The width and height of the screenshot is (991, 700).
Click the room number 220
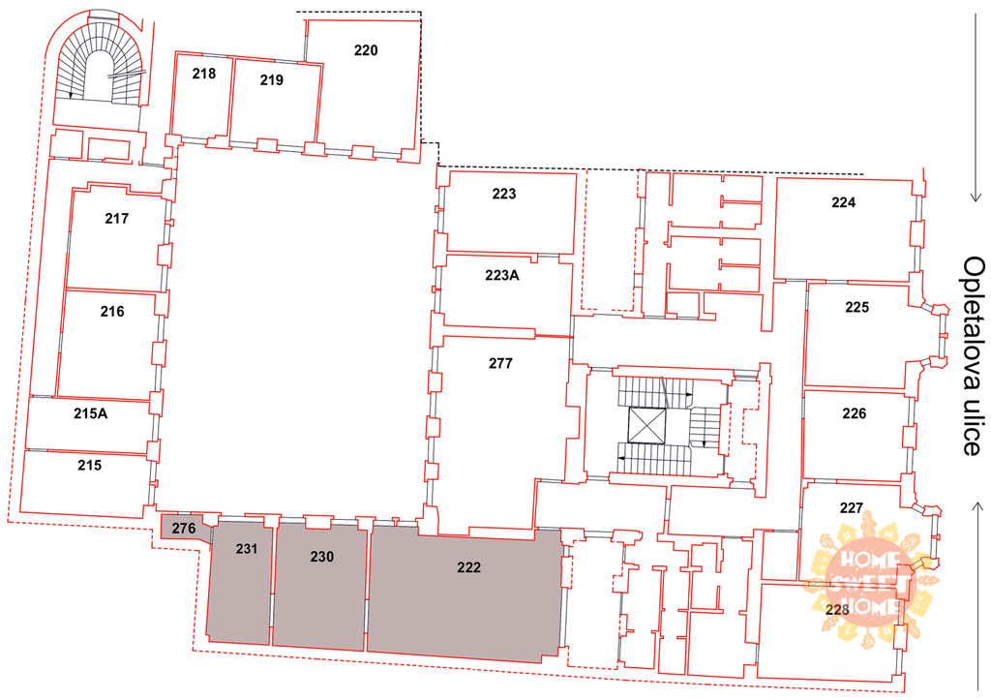click(x=366, y=50)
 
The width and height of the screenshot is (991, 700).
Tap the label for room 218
click(x=204, y=74)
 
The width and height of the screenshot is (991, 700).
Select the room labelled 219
click(x=272, y=80)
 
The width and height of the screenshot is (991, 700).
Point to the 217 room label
click(x=117, y=219)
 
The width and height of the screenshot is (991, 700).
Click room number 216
click(x=112, y=312)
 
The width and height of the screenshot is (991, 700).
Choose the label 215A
click(x=90, y=413)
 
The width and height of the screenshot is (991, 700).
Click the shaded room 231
click(x=240, y=583)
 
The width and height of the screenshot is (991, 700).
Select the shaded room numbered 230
click(x=319, y=586)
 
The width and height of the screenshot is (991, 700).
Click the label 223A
click(x=502, y=276)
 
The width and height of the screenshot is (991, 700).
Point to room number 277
click(x=500, y=364)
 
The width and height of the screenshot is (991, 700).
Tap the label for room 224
click(x=844, y=202)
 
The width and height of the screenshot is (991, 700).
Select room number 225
click(x=857, y=307)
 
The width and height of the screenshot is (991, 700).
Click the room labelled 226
click(x=855, y=413)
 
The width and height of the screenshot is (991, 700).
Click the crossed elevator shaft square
click(x=647, y=426)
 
